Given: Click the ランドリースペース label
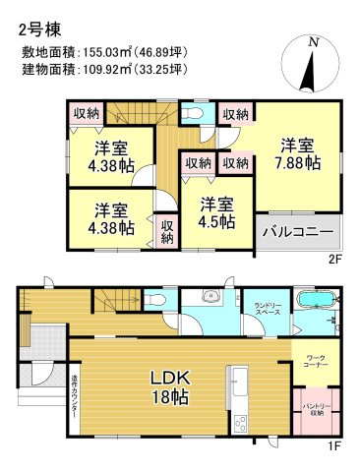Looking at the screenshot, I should [x=262, y=313].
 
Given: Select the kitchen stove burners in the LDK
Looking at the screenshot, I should [x=240, y=423].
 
